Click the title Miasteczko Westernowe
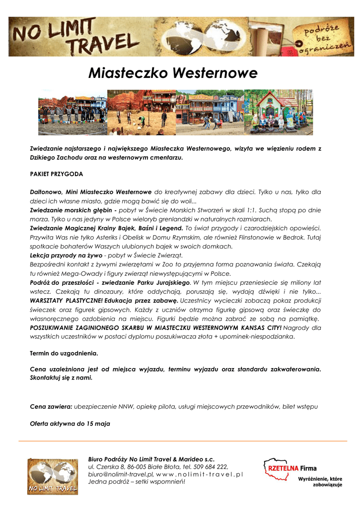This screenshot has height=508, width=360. coord(172,73)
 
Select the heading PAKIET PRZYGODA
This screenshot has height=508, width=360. coord(56,175)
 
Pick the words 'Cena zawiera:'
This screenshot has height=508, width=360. coord(51,407)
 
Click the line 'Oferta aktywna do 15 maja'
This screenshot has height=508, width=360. coord(70,424)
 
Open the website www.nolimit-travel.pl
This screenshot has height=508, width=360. coord(200,475)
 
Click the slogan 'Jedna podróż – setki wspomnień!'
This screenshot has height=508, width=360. coord(136,482)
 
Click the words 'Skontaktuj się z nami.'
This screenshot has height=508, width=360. coord(61,378)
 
